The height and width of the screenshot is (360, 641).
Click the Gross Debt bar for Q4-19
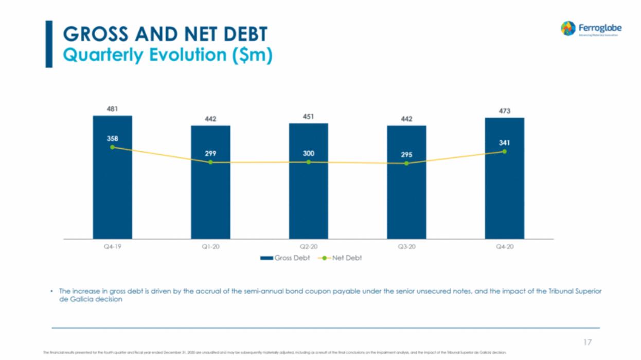point(112,195)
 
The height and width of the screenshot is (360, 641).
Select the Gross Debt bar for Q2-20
point(308,201)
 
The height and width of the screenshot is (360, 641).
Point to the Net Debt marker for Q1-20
point(210,163)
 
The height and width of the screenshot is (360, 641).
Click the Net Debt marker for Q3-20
point(406,164)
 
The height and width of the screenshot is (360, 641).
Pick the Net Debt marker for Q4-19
point(112,147)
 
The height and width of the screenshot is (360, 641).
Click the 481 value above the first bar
point(112,109)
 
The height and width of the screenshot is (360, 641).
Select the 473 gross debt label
point(504,111)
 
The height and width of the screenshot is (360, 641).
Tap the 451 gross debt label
point(308,116)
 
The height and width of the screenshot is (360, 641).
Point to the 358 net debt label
point(112,138)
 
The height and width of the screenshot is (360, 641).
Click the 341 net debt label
point(504,142)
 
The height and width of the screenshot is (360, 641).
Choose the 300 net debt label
point(308,153)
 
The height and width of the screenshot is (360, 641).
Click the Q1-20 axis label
point(210,247)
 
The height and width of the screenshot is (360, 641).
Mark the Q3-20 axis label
point(406,247)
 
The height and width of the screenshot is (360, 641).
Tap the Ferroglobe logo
point(591,29)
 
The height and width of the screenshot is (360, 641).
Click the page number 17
point(587,342)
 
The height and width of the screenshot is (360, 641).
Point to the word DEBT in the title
point(239,34)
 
